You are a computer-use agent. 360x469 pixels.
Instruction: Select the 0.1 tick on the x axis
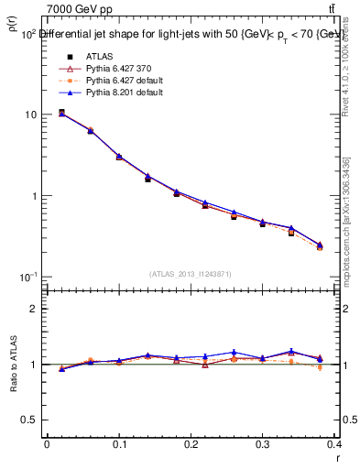click(119, 445)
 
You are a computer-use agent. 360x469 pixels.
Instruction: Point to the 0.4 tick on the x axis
click(335, 445)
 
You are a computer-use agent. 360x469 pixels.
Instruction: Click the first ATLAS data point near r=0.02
click(61, 112)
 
